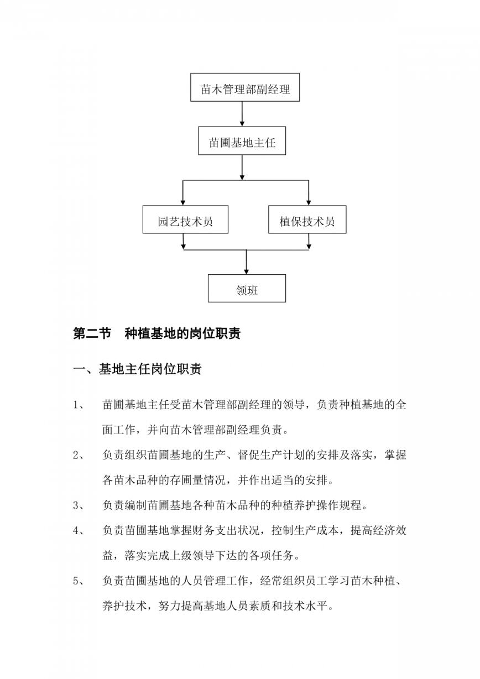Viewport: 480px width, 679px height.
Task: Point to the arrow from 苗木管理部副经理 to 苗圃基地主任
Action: (242, 114)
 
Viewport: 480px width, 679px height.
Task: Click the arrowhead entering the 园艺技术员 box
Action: (183, 203)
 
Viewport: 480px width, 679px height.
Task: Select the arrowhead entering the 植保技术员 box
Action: (309, 203)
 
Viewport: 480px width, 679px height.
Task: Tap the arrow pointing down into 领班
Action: (246, 262)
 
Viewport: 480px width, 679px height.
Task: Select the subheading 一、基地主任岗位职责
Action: (137, 369)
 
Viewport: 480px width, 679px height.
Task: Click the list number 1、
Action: (79, 405)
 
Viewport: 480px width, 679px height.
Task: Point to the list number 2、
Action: (79, 455)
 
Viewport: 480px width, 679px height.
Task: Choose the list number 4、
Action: (79, 530)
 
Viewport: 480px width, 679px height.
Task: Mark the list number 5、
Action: (79, 581)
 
